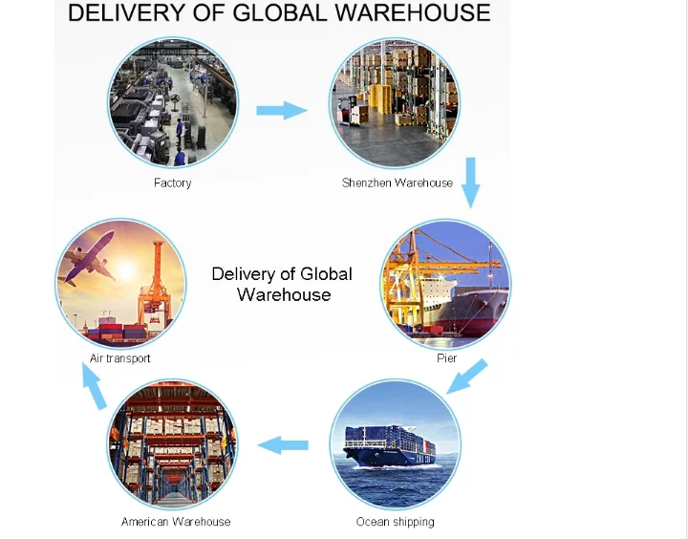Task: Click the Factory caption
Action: pos(172,183)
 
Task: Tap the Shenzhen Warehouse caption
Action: pos(398,183)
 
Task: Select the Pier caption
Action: pos(446,358)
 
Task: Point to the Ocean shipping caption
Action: pos(395,522)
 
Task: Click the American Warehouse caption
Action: pos(176,522)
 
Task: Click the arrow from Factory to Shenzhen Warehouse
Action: pos(282,110)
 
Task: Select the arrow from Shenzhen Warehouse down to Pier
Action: pos(469,183)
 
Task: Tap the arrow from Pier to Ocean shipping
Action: pos(468,376)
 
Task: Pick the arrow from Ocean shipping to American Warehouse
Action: pos(284,444)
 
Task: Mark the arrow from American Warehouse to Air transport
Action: pos(94,388)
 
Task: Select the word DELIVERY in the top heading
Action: pos(123,13)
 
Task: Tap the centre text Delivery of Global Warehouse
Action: pos(282,284)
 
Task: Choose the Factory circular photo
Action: pos(173,103)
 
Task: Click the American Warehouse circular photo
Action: pos(172,444)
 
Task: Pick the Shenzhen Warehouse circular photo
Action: pos(395,103)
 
